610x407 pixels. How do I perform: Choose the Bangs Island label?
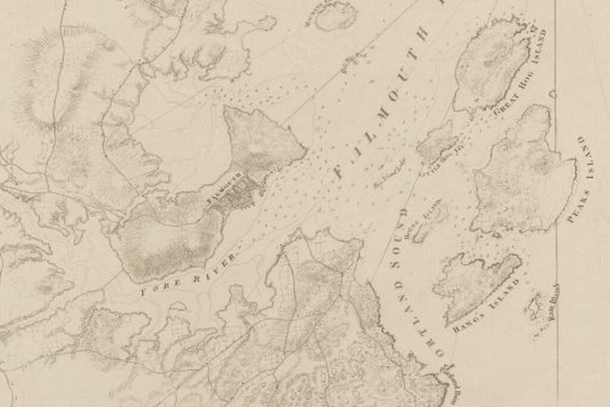[x=486, y=305]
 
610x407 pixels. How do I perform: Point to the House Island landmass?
[x=430, y=222]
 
